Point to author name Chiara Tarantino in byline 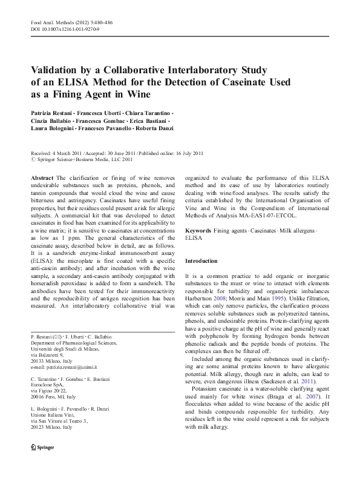tap(150, 113)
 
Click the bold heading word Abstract tap(42, 177)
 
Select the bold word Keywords tap(198, 231)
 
